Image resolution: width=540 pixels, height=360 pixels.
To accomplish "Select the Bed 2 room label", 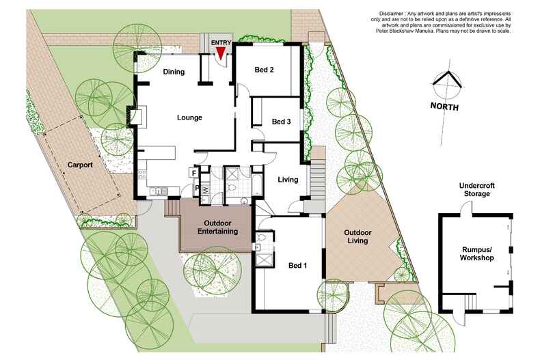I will pos(264,70).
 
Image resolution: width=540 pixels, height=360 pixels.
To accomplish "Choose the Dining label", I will pos(175,70).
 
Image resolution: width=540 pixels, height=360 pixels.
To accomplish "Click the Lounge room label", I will pos(189,117).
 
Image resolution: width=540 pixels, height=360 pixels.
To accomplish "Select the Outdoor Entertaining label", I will pos(217,227).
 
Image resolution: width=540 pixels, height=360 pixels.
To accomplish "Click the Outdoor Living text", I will pos(357,236).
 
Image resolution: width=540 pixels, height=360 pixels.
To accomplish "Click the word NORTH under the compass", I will pos(445,107).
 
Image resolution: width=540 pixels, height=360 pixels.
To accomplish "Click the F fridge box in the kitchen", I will pos(193,173).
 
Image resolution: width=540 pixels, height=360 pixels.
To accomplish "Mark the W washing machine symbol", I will pos(205,189).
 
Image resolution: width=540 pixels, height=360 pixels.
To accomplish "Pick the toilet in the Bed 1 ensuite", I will pos(258,247).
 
